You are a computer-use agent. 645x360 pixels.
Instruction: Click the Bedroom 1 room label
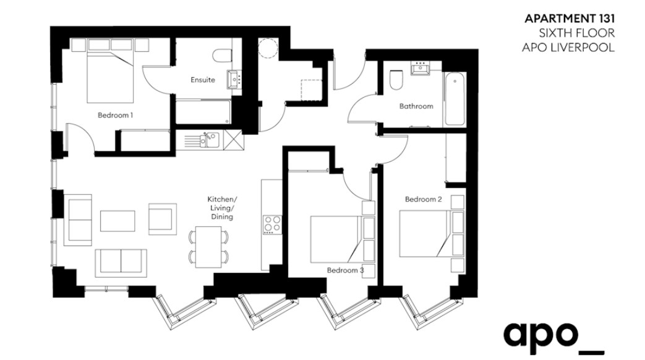[115, 115]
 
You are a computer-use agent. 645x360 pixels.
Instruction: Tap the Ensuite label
[203, 80]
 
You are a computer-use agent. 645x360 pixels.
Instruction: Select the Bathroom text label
[416, 106]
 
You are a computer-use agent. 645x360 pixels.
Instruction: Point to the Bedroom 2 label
[423, 199]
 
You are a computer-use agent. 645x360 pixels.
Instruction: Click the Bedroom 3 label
[346, 270]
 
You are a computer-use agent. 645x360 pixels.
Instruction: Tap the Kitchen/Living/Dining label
[222, 208]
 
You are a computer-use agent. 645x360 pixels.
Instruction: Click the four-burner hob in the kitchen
[272, 225]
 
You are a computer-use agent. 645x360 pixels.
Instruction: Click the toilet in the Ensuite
[222, 56]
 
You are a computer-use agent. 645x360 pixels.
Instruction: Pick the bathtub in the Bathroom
[455, 99]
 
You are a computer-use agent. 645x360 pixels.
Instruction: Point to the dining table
[209, 246]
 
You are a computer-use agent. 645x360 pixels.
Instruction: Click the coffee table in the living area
[117, 221]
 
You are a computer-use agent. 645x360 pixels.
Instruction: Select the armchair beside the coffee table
[163, 219]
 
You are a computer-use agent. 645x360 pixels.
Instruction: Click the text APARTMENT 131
[570, 19]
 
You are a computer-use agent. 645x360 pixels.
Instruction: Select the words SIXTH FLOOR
[577, 33]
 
